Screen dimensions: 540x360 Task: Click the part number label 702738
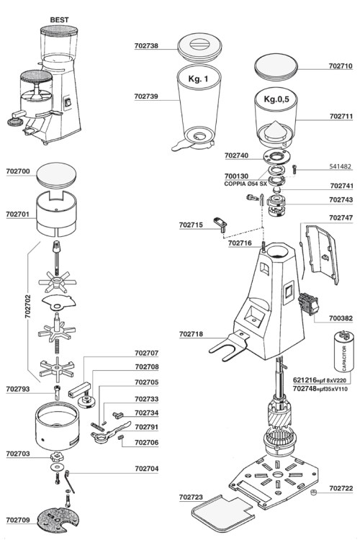(x=146, y=45)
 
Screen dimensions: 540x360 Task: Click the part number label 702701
(x=17, y=215)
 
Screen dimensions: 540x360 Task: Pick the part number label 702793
(x=17, y=389)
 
